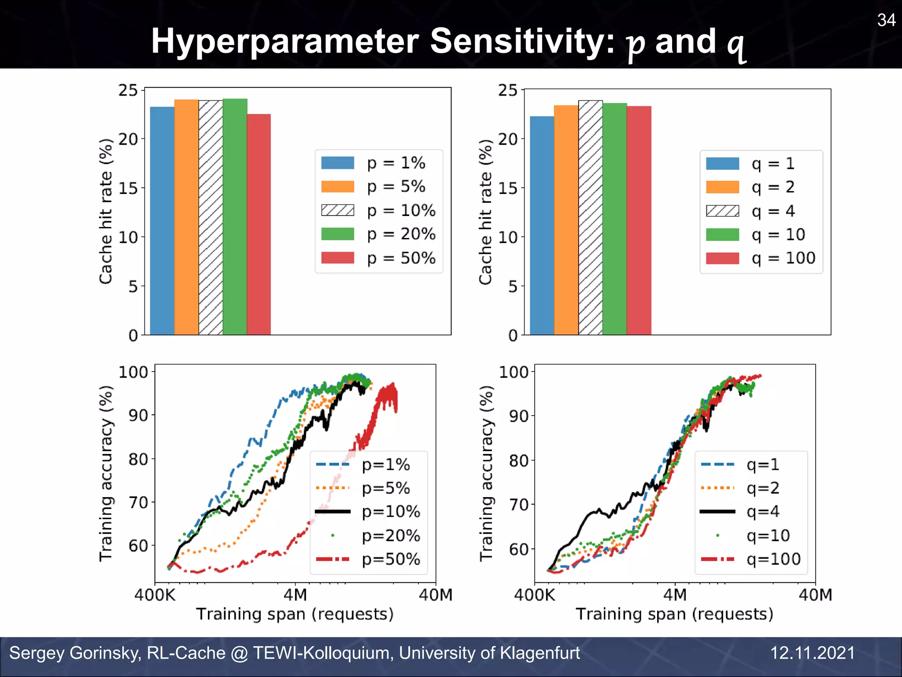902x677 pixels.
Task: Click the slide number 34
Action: [x=886, y=20]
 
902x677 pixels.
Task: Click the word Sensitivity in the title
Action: [x=521, y=41]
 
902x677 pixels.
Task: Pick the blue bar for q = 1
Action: [x=542, y=225]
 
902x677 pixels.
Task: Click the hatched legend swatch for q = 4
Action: [x=722, y=211]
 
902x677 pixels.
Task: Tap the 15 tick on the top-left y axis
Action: [x=128, y=188]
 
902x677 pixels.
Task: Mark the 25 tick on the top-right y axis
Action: [x=508, y=90]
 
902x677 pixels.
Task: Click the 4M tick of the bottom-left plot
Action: [x=295, y=595]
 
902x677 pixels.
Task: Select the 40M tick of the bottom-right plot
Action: [x=815, y=595]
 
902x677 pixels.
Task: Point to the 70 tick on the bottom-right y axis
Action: [x=518, y=504]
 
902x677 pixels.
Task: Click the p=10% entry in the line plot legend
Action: [x=390, y=512]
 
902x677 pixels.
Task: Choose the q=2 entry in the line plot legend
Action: [x=763, y=488]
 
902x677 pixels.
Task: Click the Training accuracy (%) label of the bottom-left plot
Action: [x=106, y=473]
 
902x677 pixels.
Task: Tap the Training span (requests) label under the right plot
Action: [x=674, y=614]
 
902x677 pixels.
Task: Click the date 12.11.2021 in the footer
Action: [x=812, y=653]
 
